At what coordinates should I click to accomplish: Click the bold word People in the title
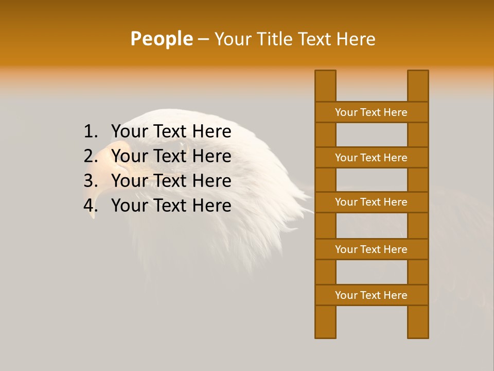point(161,39)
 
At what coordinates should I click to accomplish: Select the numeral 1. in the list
point(91,132)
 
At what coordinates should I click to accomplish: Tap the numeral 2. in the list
point(91,156)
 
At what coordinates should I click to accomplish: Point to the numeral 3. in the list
point(91,181)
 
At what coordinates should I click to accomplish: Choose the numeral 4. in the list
point(91,206)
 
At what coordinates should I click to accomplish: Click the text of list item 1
point(171,132)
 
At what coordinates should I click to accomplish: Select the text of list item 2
point(171,156)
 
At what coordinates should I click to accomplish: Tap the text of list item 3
point(171,181)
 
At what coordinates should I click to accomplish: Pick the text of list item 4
point(171,206)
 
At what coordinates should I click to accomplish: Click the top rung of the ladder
point(371,112)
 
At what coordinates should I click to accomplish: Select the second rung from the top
point(371,158)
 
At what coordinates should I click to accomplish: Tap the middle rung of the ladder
point(371,203)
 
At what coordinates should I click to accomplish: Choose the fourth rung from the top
point(371,249)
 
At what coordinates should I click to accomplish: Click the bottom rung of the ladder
point(371,295)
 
